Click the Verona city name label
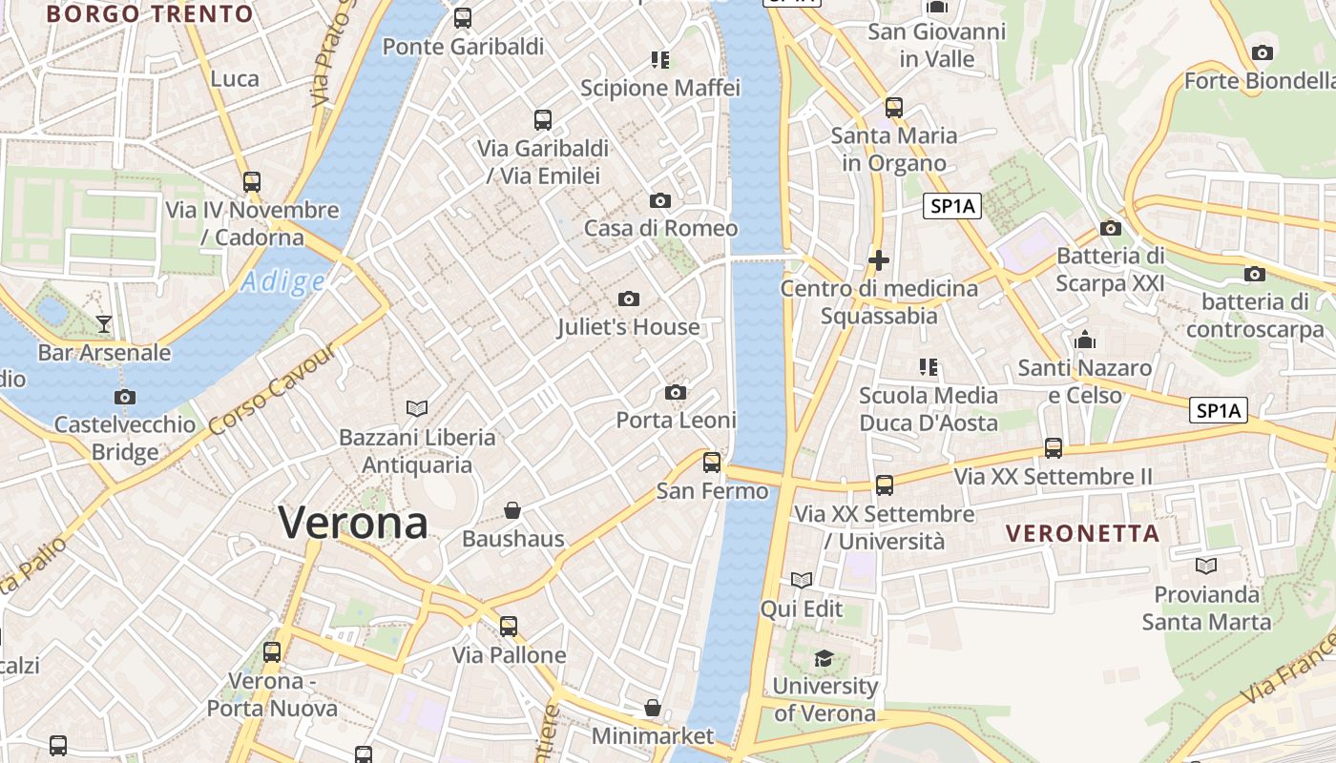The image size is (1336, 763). tap(353, 523)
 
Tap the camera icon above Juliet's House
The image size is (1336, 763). tap(628, 299)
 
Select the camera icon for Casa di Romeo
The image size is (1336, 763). tap(659, 200)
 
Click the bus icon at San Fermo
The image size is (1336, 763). tap(712, 463)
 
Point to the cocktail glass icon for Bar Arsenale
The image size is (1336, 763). tap(104, 324)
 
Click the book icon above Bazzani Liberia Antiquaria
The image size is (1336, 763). tap(417, 408)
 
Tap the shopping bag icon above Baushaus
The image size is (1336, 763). tap(512, 510)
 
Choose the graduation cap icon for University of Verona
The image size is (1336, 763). tap(823, 658)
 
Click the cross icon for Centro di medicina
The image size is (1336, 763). tap(879, 259)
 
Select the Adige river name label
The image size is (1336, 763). tap(282, 282)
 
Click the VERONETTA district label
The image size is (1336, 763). tap(1084, 533)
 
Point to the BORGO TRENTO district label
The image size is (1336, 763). tap(150, 14)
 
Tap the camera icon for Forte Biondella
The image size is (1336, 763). tap(1263, 52)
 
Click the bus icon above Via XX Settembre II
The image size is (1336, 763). tap(1054, 447)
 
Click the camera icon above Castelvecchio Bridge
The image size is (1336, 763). tap(124, 397)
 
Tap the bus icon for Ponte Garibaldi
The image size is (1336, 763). tap(463, 17)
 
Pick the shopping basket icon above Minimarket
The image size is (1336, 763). tap(653, 708)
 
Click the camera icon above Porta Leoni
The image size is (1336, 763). tap(676, 392)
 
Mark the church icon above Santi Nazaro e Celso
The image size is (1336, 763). tap(1084, 340)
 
